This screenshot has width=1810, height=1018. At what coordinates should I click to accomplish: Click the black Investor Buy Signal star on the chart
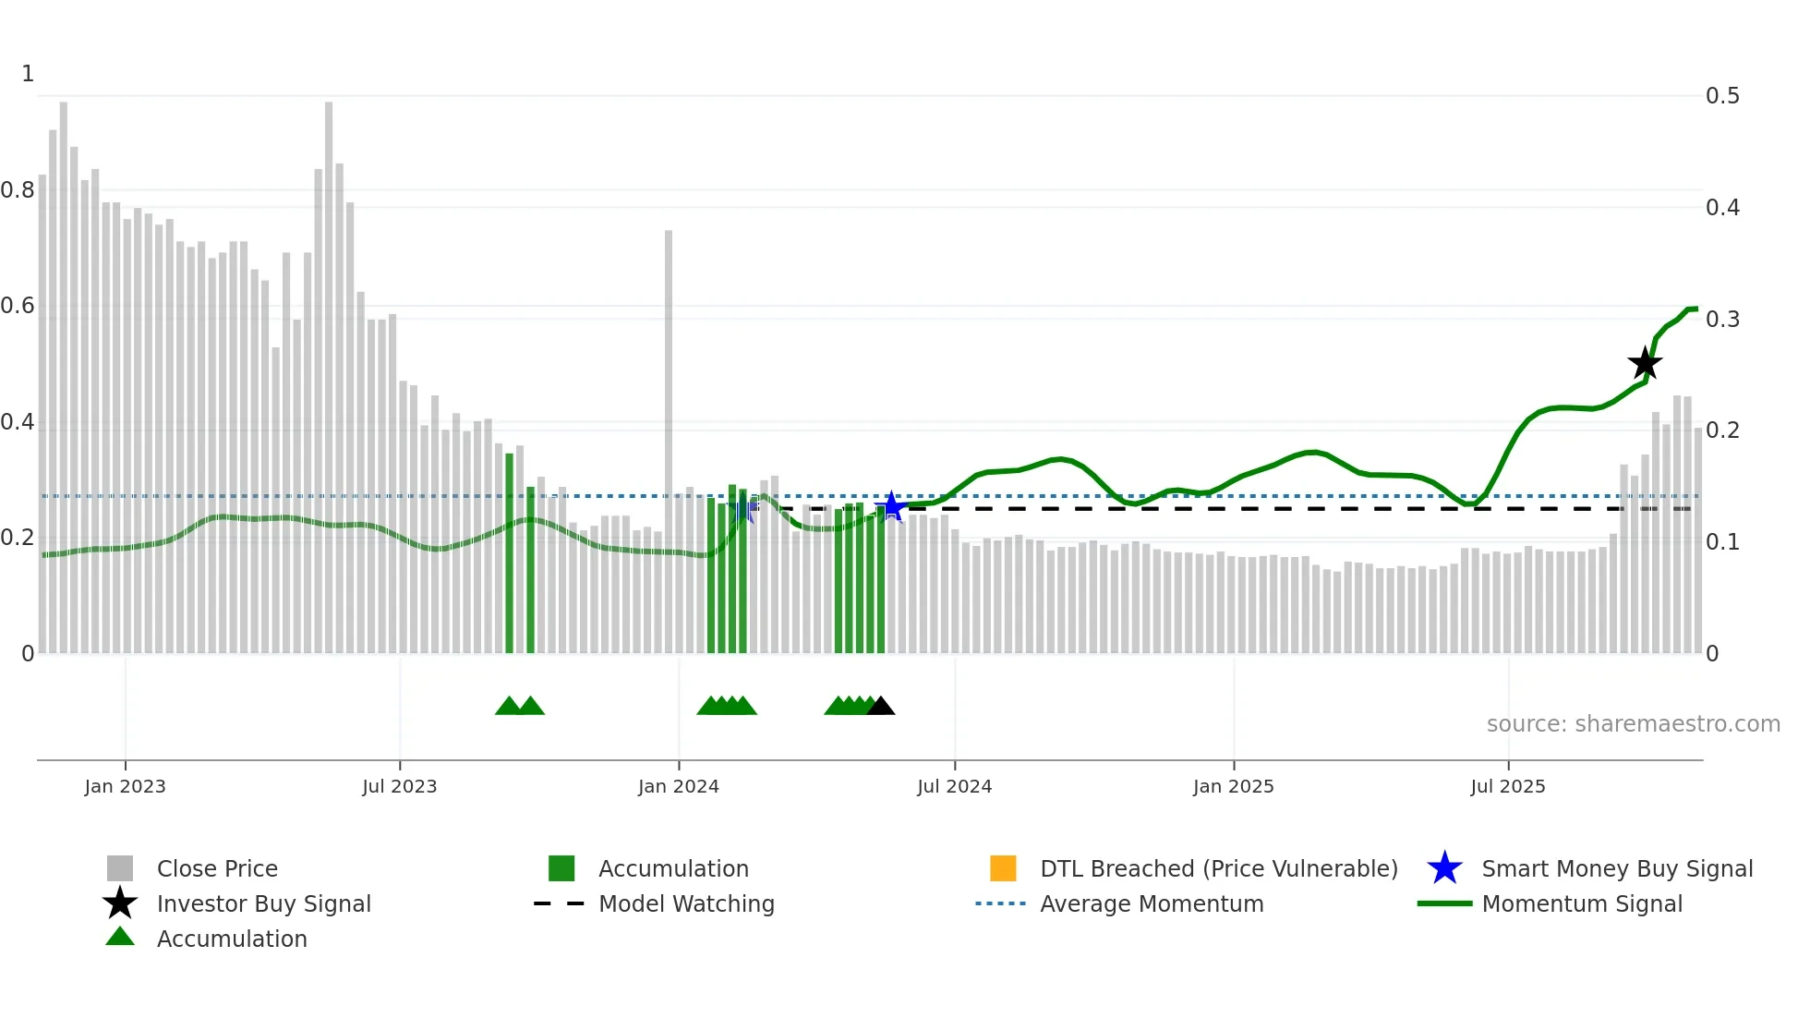coord(1644,364)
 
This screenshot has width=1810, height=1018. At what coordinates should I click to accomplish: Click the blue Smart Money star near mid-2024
coord(891,506)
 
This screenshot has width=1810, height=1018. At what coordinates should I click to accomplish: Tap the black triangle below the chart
coord(881,707)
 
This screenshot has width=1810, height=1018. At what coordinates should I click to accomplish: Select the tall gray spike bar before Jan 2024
coord(669,442)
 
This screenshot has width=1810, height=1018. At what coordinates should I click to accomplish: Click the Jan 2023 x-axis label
coord(125,786)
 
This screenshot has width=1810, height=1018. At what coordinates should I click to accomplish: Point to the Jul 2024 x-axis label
coord(954,786)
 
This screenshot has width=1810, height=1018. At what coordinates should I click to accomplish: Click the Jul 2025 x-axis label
coord(1507,786)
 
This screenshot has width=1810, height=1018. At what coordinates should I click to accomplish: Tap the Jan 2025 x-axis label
coord(1233,786)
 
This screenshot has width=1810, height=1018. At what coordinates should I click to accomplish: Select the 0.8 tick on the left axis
coord(18,190)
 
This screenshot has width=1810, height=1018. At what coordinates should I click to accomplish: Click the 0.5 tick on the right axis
coord(1722,96)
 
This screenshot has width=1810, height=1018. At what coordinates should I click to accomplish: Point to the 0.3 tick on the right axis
coord(1722,320)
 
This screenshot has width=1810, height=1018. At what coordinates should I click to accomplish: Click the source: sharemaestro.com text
coord(1633,723)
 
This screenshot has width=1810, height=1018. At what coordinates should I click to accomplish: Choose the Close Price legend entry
coord(216,868)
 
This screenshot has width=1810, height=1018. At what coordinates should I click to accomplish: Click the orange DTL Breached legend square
coord(1003,868)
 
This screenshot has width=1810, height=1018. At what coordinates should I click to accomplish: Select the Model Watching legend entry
coord(686,903)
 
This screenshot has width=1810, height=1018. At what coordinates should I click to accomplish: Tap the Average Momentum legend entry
coord(1151,903)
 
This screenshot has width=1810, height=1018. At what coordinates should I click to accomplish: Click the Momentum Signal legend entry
coord(1581,903)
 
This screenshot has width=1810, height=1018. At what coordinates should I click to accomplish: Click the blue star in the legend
coord(1444,868)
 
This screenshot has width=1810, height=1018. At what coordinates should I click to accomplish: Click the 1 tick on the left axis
coord(28,74)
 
